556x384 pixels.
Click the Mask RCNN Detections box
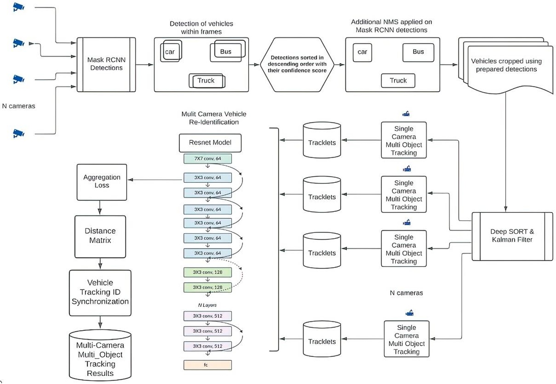106,64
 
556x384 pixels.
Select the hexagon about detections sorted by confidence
297,64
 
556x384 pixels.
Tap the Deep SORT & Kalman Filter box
512,236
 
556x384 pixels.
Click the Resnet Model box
210,143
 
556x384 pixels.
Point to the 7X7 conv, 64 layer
208,159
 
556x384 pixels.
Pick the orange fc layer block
208,365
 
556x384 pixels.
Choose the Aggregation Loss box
102,182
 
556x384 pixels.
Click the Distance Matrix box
100,236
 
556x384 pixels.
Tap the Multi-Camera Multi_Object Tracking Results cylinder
100,358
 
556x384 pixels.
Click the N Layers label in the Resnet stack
207,305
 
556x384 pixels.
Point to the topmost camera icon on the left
19,7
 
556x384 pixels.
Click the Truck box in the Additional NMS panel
398,81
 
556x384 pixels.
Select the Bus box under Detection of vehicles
226,51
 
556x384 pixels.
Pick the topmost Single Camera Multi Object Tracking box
404,140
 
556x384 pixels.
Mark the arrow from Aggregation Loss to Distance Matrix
100,208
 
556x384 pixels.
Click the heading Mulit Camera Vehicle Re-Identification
214,118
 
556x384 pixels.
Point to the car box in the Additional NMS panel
362,52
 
